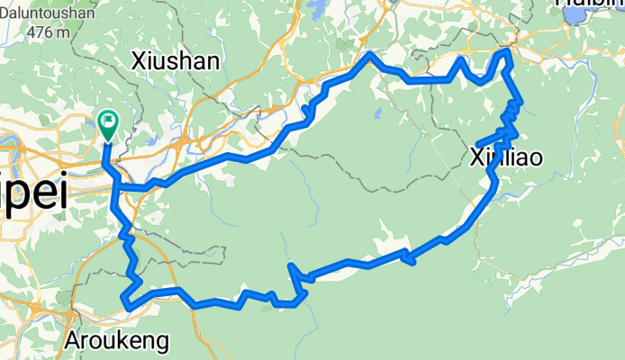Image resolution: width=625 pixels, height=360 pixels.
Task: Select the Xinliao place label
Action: pos(506,159)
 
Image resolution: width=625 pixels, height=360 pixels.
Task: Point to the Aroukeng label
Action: pos(116,341)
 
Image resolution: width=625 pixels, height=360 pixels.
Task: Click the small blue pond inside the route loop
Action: pos(376,114)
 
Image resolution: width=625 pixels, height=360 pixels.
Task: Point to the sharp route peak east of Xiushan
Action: pos(369,56)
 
